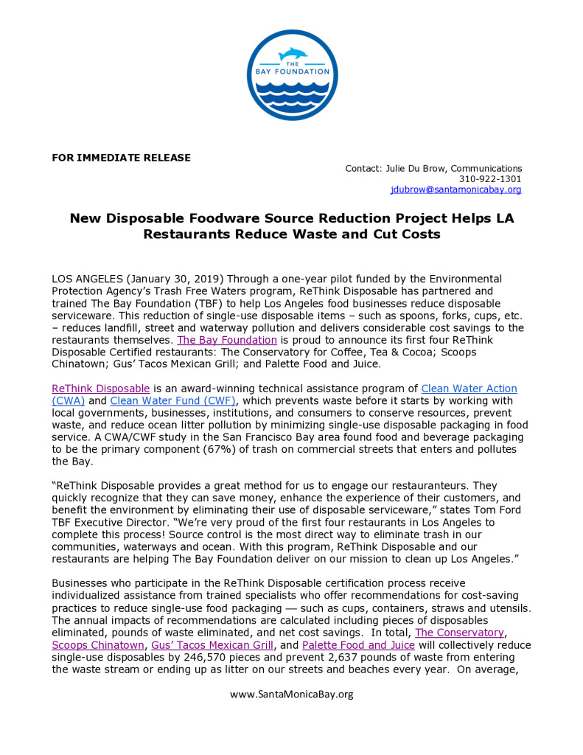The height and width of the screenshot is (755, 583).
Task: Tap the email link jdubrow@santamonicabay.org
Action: (x=455, y=189)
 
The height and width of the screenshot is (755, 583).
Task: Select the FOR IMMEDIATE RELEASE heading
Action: (x=121, y=158)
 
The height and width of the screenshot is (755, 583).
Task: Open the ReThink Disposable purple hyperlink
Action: (x=101, y=389)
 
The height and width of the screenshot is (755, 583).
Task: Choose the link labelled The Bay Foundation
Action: (x=227, y=340)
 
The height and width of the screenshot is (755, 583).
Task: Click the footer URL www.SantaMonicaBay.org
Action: (x=291, y=694)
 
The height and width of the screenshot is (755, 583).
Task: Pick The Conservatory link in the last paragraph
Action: (x=460, y=633)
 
